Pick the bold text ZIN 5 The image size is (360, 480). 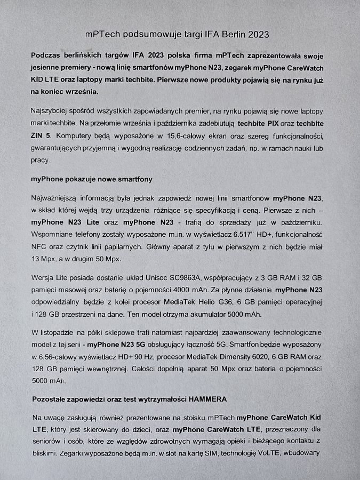[42, 135]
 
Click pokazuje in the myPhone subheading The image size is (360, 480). [82, 179]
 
